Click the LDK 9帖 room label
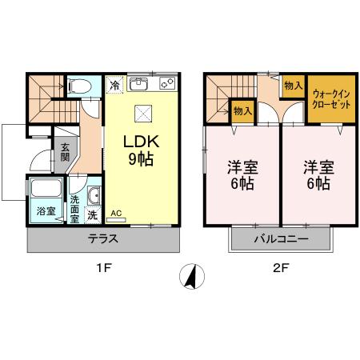pos(142,149)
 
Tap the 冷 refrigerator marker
pos(115,85)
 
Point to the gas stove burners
pos(167,82)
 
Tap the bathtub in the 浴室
pos(44,190)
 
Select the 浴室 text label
pos(45,212)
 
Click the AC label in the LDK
pos(116,214)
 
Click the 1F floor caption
pos(104,270)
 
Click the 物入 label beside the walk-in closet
pos(293,86)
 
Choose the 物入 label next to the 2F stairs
pos(239,110)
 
